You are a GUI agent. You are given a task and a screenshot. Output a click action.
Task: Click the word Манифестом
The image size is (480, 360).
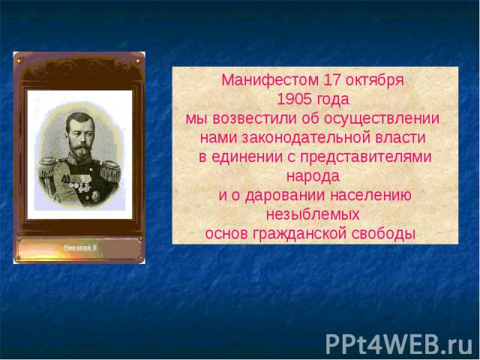click(x=270, y=80)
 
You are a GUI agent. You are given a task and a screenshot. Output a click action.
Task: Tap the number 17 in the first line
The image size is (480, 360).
click(x=331, y=80)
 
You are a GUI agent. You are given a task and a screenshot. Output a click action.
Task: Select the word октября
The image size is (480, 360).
click(x=374, y=81)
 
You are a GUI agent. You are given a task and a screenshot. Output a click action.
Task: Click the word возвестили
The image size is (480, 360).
click(x=255, y=119)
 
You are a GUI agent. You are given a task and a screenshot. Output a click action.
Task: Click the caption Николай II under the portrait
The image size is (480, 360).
click(x=80, y=247)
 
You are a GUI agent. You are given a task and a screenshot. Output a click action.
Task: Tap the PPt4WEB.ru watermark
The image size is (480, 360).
click(x=399, y=343)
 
